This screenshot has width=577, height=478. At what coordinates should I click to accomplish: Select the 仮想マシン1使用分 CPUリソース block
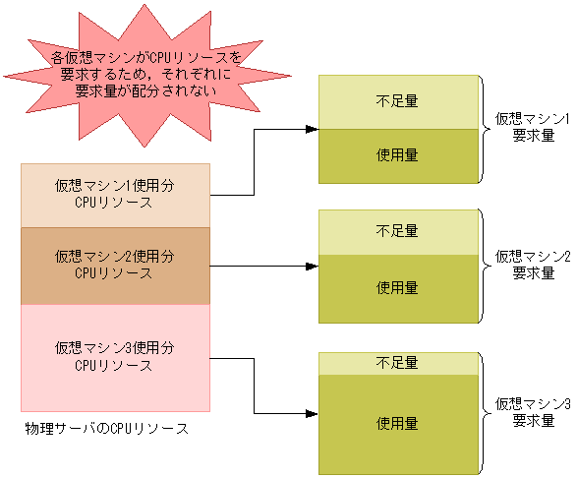[x=115, y=194]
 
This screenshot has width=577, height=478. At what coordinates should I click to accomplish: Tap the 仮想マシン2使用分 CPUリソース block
[x=115, y=265]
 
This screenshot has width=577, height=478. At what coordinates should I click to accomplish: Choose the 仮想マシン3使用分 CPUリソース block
[x=115, y=356]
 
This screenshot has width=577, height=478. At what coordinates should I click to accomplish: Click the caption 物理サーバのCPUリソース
[x=105, y=429]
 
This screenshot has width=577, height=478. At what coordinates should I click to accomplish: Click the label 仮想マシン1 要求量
[x=533, y=129]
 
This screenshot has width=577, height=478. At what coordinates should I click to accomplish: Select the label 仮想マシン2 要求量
[x=533, y=265]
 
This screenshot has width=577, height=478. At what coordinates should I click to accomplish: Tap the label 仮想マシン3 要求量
[x=533, y=412]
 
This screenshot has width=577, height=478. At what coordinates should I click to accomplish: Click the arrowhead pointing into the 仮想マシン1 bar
[x=312, y=129]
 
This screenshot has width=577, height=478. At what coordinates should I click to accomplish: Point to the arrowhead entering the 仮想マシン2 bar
[x=312, y=266]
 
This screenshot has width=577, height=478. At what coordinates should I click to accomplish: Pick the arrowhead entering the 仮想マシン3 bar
[x=312, y=413]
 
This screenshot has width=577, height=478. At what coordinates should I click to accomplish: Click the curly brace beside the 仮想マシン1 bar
[x=485, y=129]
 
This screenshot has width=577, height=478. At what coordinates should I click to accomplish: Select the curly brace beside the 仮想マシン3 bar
[x=485, y=411]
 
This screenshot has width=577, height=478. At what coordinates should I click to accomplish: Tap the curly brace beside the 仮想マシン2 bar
[x=485, y=265]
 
